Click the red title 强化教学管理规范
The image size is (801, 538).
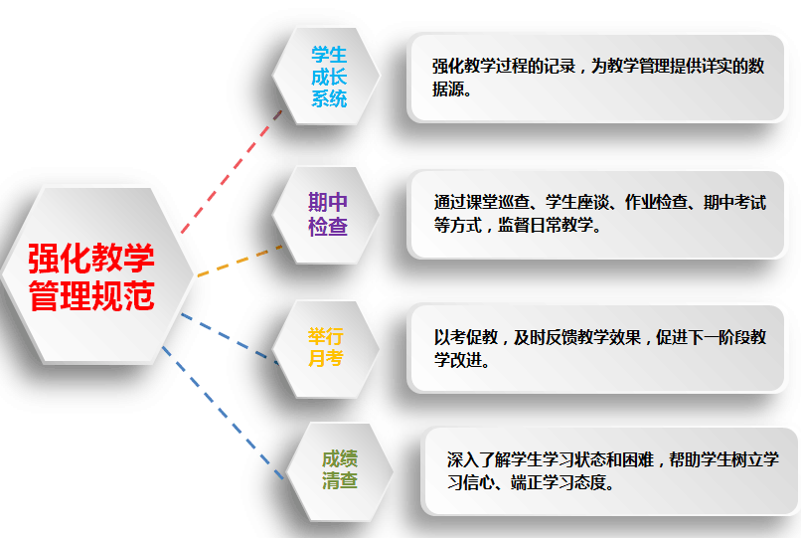click(90, 277)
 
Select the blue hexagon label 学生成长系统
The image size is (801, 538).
click(329, 77)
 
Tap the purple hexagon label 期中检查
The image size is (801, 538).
click(328, 214)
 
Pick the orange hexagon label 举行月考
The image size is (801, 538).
click(325, 347)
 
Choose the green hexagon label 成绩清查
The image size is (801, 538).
click(340, 469)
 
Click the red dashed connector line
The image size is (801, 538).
click(232, 172)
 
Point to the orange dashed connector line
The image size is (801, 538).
click(240, 261)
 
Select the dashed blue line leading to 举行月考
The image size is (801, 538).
click(230, 338)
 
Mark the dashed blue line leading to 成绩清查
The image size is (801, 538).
click(223, 413)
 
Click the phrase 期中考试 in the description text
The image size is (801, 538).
click(734, 202)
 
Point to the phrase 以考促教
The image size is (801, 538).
click(466, 337)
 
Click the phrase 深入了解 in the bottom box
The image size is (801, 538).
click(479, 459)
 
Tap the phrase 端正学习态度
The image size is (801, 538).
click(559, 482)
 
